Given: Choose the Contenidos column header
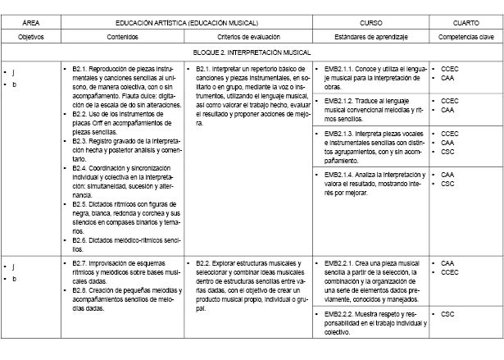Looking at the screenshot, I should [x=123, y=38].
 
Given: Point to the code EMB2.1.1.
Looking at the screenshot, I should [x=339, y=68].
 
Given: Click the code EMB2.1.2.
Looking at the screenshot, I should [x=339, y=100].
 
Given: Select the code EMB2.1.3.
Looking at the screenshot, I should [x=339, y=133].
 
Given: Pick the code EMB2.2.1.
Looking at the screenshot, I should [x=339, y=263].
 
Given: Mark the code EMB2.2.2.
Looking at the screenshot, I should [x=339, y=314].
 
